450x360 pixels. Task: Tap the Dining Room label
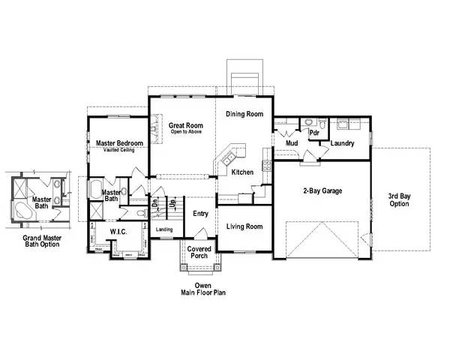(x=244, y=114)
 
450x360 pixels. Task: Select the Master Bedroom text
(x=119, y=143)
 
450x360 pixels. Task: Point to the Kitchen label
(x=242, y=172)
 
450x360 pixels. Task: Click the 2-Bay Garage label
(x=322, y=191)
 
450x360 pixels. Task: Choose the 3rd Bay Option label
(x=399, y=200)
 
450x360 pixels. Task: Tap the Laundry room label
(x=342, y=143)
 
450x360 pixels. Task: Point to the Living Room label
(x=244, y=226)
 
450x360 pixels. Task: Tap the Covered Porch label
(x=199, y=253)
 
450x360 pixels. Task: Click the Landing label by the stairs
(x=164, y=229)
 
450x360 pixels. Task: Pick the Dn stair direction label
(x=155, y=202)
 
